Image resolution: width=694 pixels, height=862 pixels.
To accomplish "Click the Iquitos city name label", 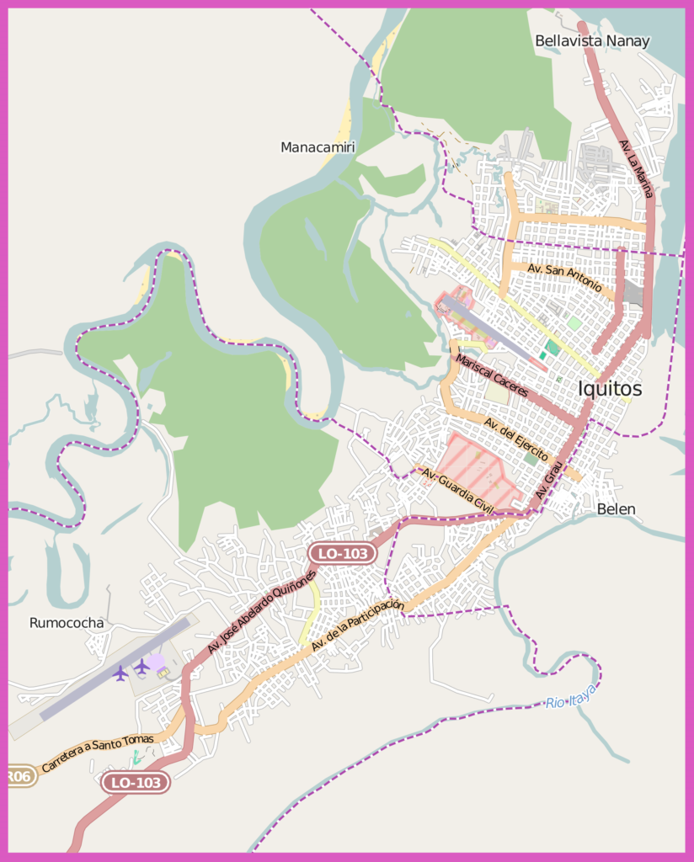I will pos(610,389).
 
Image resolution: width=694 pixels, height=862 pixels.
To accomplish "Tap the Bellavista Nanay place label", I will pos(592,40).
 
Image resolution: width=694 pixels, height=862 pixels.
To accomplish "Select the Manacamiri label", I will pos(318,147).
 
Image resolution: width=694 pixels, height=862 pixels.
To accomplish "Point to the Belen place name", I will pos(616,508).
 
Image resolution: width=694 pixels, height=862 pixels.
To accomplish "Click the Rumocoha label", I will pos(67,623).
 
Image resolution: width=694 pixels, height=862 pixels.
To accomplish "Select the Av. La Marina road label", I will pos(636,168).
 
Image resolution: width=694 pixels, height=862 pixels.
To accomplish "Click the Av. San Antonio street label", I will pos(564,279).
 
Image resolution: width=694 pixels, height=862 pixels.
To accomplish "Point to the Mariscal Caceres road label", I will pos(492,376).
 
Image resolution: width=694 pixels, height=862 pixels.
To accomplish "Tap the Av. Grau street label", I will pos(548,484).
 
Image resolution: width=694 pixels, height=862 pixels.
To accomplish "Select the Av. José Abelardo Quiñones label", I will pos(261,612).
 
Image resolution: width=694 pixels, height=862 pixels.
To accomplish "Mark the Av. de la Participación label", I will pos(357,626).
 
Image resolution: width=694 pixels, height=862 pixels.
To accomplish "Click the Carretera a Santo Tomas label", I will pos(98,753).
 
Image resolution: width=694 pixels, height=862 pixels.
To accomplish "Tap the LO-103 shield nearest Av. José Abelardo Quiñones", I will pos(341,553).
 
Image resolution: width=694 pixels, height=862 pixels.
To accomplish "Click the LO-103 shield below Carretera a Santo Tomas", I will pos(136,783).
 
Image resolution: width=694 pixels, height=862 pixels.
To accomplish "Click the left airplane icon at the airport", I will pos(120,673).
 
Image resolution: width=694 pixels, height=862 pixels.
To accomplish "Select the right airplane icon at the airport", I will pos(141,667).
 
